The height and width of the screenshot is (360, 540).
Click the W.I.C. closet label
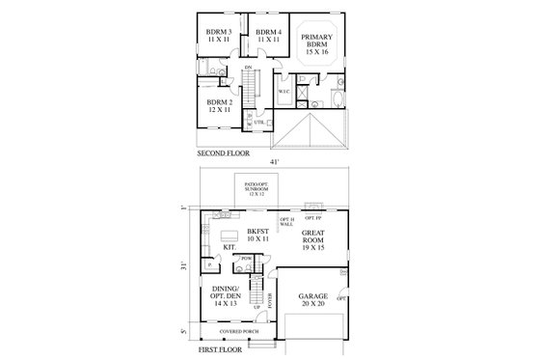(284, 93)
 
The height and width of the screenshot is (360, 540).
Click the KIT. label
(229, 247)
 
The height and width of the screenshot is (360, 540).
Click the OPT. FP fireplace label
(313, 216)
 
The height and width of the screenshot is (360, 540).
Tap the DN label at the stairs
(248, 67)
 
